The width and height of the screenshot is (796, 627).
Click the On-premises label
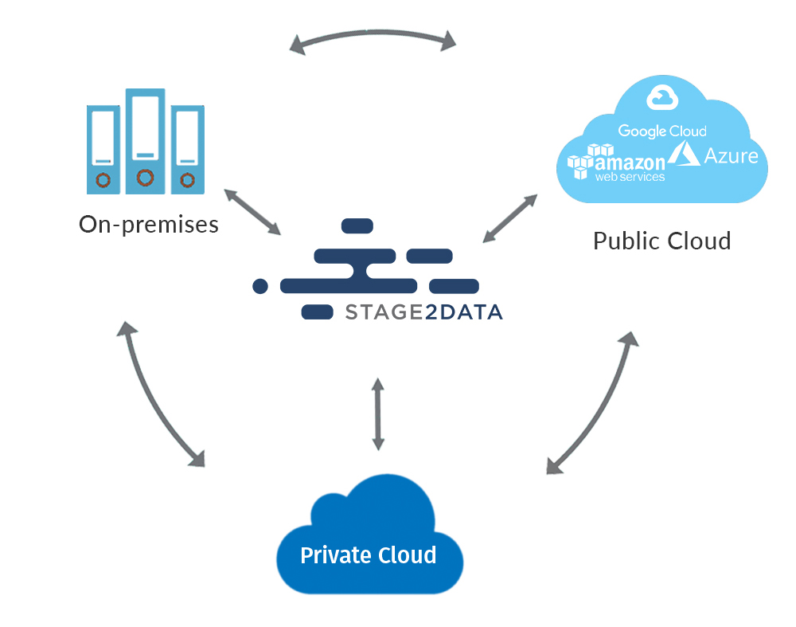(x=149, y=224)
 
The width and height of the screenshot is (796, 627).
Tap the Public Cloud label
(x=661, y=240)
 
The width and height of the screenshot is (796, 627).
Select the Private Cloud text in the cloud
(x=368, y=555)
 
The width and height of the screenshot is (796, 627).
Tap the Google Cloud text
(x=662, y=131)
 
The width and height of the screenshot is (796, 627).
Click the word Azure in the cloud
(x=731, y=155)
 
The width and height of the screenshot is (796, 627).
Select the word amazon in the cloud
(x=630, y=163)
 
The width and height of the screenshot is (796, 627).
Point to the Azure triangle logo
(x=684, y=155)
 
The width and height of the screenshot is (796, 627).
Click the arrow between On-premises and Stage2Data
(x=252, y=212)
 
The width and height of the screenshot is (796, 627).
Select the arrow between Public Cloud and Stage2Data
(x=509, y=217)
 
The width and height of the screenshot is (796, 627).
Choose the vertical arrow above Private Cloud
(x=377, y=413)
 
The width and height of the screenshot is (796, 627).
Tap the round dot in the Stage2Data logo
(x=259, y=285)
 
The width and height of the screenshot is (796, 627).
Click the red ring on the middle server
(x=144, y=177)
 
